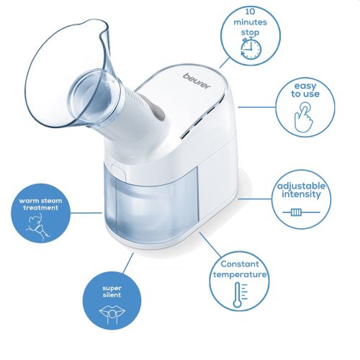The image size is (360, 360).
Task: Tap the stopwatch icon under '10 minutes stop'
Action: coord(251,49)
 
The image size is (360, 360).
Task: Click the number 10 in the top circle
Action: coord(251,12)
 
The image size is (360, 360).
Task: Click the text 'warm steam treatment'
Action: coord(40,204)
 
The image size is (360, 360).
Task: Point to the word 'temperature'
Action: coord(240,274)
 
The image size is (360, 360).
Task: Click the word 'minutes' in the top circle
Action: coord(251,22)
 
